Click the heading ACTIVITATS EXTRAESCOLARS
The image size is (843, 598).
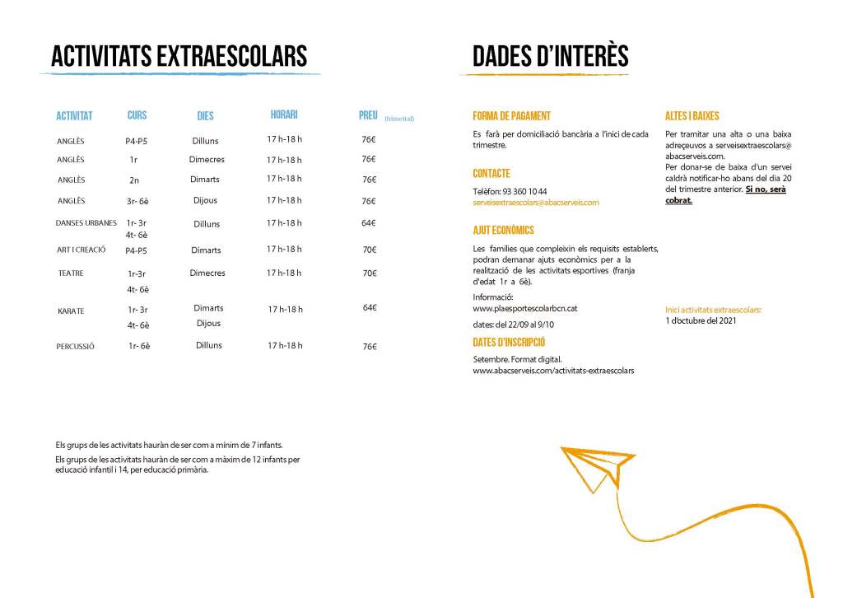coord(179,56)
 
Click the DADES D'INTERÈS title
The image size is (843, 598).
coord(550,56)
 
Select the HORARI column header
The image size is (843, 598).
coord(284,114)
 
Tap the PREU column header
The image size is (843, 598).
coord(368,115)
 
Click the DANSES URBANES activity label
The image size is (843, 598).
coord(86,222)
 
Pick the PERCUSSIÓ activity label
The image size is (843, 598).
coord(76,347)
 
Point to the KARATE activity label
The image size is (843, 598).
coord(71,311)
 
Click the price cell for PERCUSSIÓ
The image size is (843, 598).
coord(369,347)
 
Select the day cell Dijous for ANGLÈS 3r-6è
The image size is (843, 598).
coord(206,200)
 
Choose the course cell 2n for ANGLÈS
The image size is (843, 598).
coord(134,180)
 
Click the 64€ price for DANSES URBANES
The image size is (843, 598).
coord(369,222)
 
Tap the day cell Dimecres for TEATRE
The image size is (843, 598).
coord(207,273)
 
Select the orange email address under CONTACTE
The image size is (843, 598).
coord(536,202)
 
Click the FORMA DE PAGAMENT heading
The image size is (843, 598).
coord(511,116)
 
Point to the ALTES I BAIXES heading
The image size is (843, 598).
coord(692,116)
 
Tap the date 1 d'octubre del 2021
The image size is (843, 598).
coord(701,320)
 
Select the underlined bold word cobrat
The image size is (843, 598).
coord(678,200)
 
